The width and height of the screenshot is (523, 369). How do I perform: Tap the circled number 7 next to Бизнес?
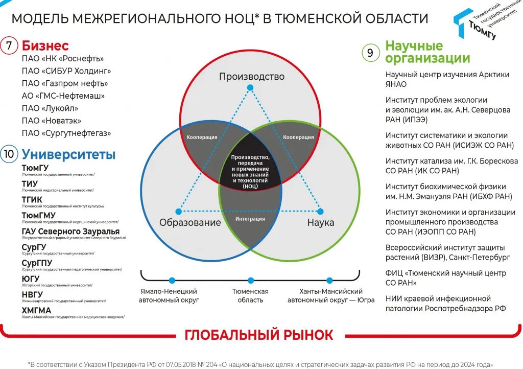click(9, 45)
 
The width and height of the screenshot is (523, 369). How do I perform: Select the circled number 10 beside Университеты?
click(9, 154)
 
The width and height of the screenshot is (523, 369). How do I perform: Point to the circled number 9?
click(370, 53)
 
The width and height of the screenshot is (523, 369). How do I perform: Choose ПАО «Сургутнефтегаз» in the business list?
click(66, 133)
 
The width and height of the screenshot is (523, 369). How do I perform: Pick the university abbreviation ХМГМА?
click(36, 310)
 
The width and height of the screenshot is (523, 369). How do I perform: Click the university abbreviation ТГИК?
click(32, 199)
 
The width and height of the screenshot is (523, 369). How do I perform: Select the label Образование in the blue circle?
click(190, 222)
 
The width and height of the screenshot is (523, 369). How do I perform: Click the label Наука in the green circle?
click(320, 222)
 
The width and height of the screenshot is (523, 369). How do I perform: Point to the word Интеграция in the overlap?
click(250, 219)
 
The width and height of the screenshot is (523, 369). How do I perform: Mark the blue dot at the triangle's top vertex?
click(250, 88)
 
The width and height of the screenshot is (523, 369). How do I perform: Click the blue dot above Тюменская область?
click(250, 280)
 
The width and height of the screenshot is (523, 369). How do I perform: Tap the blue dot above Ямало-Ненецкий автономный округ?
click(172, 280)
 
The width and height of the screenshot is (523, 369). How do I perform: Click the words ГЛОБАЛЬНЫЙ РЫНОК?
click(258, 335)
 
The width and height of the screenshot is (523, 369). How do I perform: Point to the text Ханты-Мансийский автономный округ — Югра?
click(330, 295)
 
